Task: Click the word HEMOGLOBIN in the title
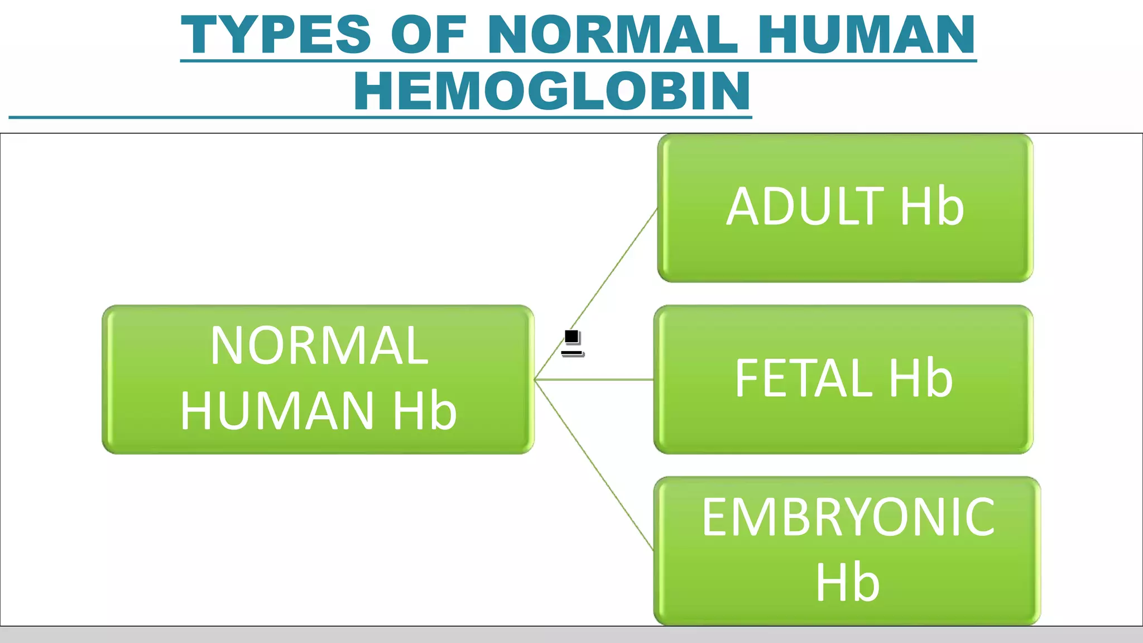point(553,91)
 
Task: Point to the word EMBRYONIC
point(848,518)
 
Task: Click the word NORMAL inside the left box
point(319,346)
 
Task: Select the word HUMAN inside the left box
point(277,411)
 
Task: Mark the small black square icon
point(571,337)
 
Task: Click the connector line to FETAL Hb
point(594,380)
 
